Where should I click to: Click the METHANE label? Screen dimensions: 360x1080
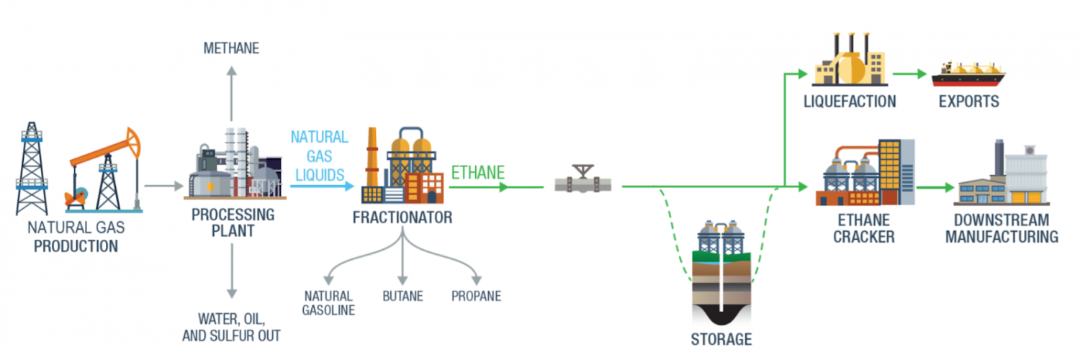(230, 49)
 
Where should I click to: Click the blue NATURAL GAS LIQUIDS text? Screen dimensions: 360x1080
(319, 155)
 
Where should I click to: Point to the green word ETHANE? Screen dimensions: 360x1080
(477, 173)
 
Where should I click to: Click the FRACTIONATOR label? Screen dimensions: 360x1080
(402, 217)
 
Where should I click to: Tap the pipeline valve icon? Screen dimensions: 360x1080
(583, 180)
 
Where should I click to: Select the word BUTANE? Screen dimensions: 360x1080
(402, 296)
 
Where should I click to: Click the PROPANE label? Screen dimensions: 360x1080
(476, 296)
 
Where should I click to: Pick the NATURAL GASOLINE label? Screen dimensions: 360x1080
(328, 302)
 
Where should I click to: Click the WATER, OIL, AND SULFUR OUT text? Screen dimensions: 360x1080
(230, 327)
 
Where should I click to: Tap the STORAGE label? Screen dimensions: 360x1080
(721, 338)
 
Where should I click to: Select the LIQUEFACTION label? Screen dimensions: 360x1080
(850, 101)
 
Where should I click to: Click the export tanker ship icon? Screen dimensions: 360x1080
(968, 74)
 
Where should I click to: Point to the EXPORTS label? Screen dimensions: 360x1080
(968, 101)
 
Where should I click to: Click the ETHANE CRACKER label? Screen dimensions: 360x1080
(864, 228)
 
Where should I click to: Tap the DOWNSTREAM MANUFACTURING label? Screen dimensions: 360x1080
(1002, 228)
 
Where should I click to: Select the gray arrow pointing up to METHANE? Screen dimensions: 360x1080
(230, 94)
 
